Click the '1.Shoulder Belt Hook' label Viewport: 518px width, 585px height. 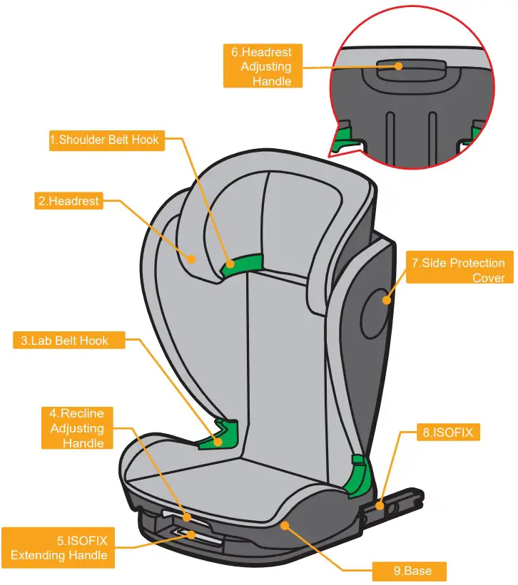[106, 140]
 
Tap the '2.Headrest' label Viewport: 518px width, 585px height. [68, 201]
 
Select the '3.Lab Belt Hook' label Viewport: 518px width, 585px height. [69, 341]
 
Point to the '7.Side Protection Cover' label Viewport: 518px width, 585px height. [457, 270]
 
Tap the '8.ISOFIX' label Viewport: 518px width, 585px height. [448, 432]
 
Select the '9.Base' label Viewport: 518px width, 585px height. [412, 571]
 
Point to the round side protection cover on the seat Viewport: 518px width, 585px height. [376, 299]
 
